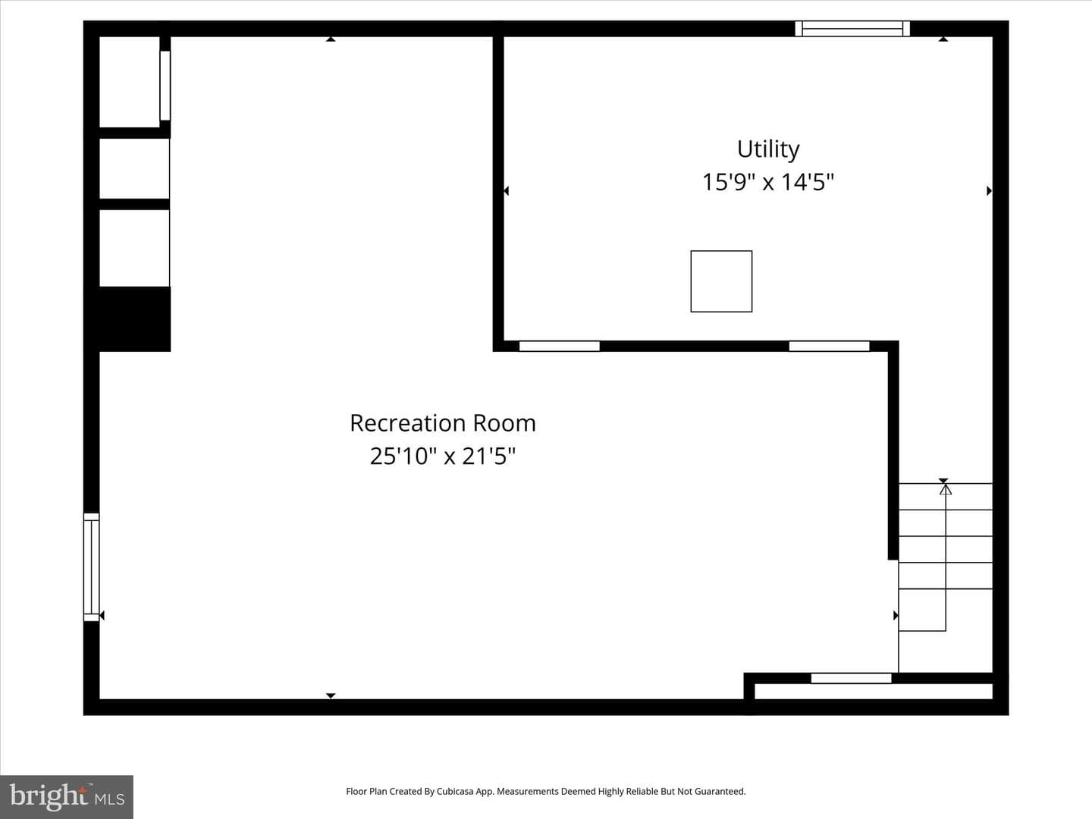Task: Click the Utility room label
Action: click(x=768, y=149)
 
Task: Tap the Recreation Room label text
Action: click(x=443, y=423)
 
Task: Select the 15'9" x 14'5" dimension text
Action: click(x=767, y=182)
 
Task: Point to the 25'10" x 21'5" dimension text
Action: click(x=443, y=456)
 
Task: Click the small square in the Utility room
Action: click(x=721, y=281)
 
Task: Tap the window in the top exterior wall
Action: click(x=852, y=29)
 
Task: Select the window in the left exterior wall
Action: click(x=92, y=567)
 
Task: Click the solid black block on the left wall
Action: click(x=134, y=319)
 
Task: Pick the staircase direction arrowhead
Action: click(x=946, y=490)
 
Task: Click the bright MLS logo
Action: click(x=67, y=796)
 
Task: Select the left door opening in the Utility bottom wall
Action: click(x=560, y=346)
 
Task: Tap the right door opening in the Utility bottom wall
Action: click(x=830, y=346)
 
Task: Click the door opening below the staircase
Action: click(x=851, y=678)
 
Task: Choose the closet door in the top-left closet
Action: click(x=165, y=86)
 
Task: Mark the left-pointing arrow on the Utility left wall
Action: click(x=506, y=191)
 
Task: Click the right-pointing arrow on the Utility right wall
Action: click(x=990, y=191)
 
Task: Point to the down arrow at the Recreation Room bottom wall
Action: click(x=331, y=695)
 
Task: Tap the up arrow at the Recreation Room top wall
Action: click(x=331, y=39)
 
